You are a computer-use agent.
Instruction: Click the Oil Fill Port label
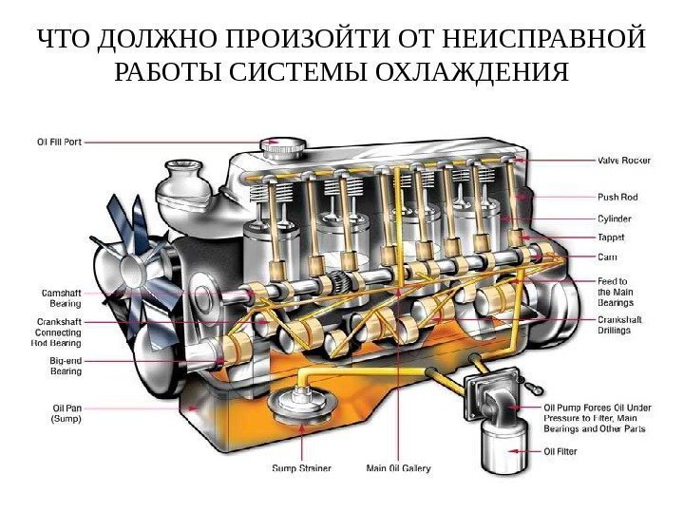(59, 142)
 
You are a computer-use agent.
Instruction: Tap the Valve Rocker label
(623, 161)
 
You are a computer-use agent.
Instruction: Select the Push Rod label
(617, 198)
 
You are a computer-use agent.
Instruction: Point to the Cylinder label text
(614, 218)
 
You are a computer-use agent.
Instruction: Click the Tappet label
(611, 237)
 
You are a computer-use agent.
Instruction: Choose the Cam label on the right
(606, 256)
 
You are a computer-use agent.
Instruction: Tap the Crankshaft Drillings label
(619, 326)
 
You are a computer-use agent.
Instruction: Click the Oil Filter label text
(560, 451)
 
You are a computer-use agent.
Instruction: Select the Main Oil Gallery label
(398, 467)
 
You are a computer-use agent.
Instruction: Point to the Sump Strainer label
(302, 467)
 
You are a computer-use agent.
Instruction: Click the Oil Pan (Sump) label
(66, 413)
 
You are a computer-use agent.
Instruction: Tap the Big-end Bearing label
(66, 366)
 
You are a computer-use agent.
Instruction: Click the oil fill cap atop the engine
(284, 147)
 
